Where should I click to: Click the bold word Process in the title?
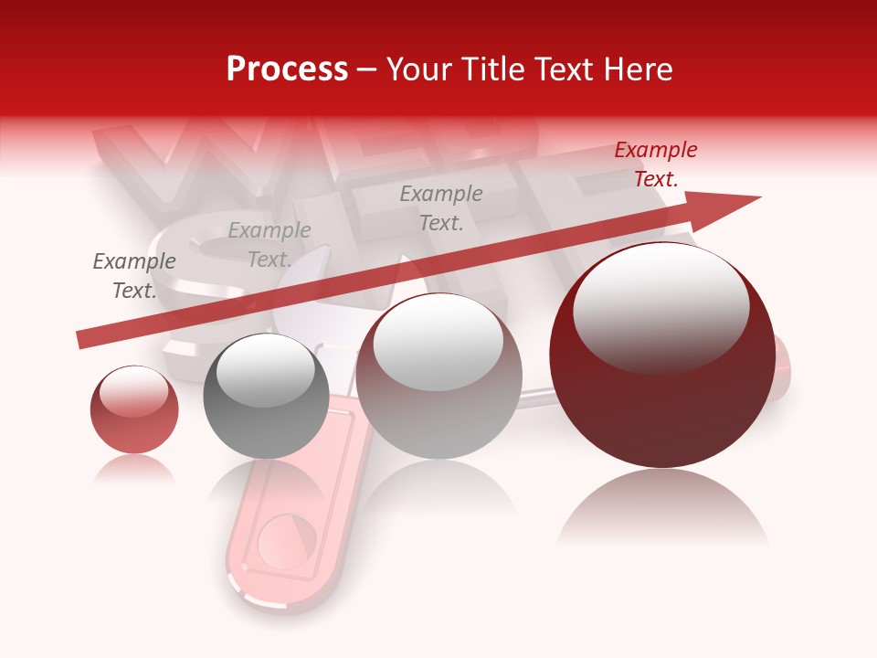(287, 69)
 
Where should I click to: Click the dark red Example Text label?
(656, 164)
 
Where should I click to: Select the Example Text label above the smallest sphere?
(134, 276)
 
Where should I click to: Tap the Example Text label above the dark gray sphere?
(269, 245)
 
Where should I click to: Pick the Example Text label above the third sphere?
(441, 208)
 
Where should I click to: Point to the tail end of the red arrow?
(82, 340)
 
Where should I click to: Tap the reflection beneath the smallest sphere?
(134, 469)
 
